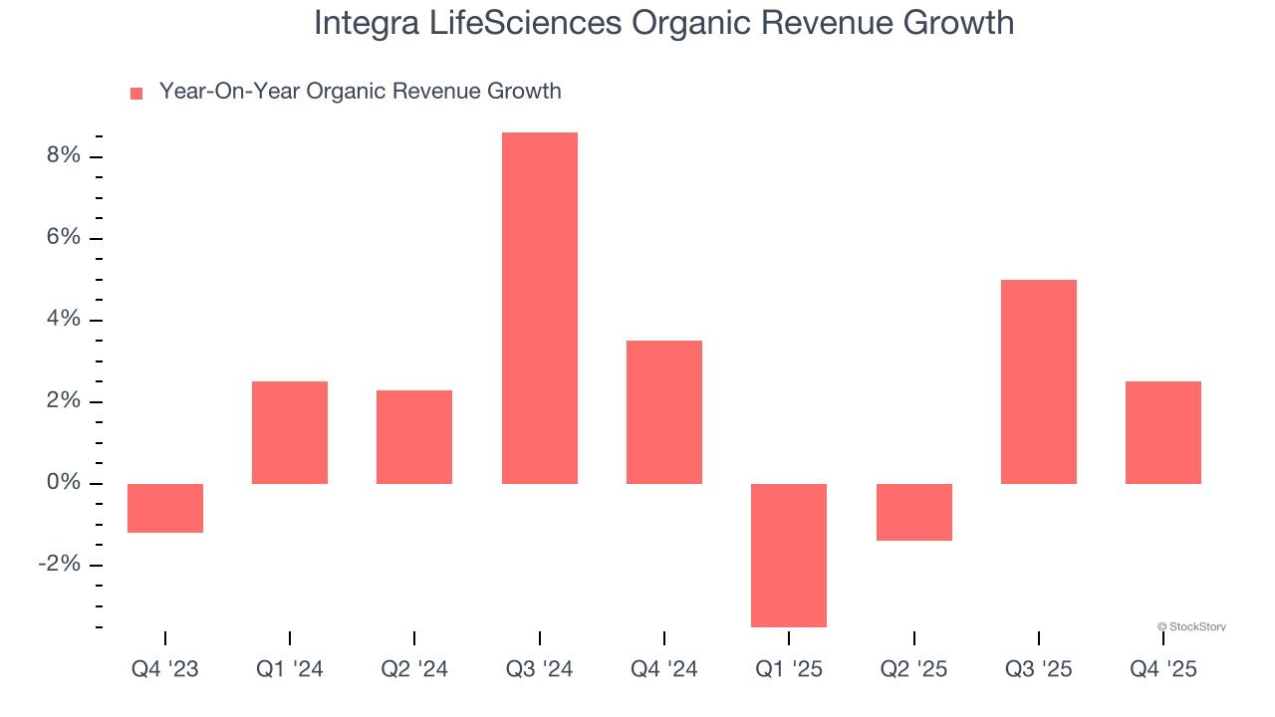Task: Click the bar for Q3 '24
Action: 539,308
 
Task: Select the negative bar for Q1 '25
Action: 789,555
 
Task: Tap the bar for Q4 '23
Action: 165,508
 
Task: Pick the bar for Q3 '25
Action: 1038,381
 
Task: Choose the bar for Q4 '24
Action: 664,412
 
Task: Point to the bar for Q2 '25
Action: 913,512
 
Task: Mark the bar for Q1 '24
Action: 290,432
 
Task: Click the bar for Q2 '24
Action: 414,436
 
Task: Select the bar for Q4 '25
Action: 1162,432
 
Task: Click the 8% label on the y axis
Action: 62,156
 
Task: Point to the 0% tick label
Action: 62,483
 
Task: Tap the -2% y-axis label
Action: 58,565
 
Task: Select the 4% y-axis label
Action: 62,320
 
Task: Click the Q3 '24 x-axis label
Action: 539,669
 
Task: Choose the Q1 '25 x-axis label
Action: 789,669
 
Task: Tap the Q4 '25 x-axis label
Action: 1162,669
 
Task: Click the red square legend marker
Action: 136,94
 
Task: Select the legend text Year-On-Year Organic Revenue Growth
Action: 360,92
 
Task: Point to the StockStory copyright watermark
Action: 1191,626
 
